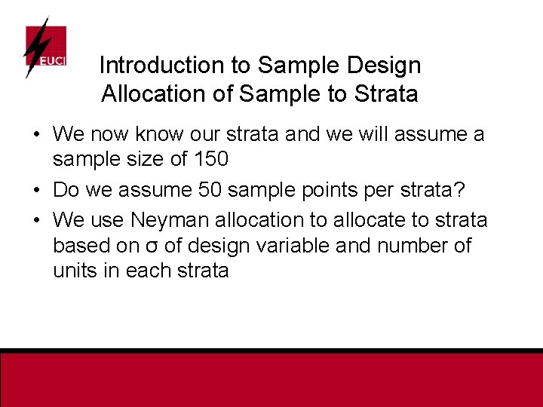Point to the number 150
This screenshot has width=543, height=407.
point(213,160)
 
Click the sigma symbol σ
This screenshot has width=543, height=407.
point(155,246)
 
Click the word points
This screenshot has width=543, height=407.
point(328,191)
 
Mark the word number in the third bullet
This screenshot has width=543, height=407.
point(429,246)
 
